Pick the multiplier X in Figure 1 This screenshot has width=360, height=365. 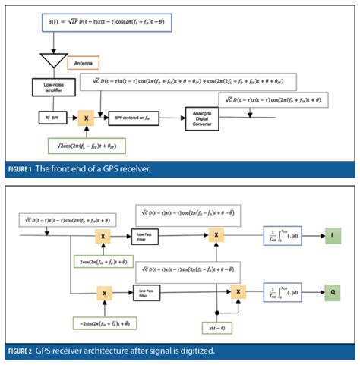[87, 118]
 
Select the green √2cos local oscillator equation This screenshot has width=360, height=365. [86, 144]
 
